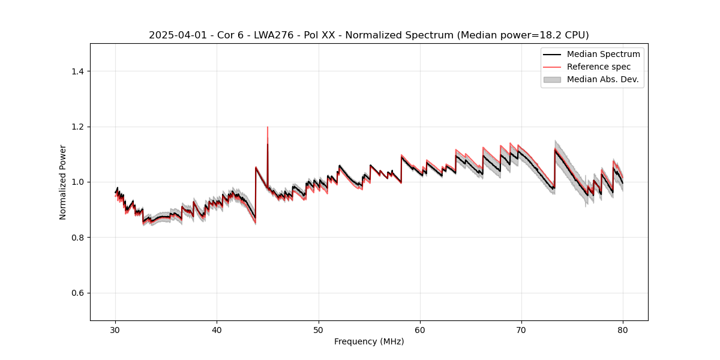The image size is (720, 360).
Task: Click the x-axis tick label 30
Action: pyautogui.click(x=116, y=330)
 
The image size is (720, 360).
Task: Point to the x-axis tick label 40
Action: pyautogui.click(x=217, y=330)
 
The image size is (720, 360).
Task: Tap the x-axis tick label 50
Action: pyautogui.click(x=319, y=330)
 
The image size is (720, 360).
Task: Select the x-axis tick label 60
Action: pyautogui.click(x=420, y=330)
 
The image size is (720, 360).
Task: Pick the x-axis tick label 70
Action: pyautogui.click(x=521, y=330)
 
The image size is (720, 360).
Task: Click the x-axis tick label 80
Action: pyautogui.click(x=623, y=330)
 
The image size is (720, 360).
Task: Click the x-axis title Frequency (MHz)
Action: pyautogui.click(x=369, y=341)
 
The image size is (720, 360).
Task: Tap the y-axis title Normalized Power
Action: pyautogui.click(x=63, y=182)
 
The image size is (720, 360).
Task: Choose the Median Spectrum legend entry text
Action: pyautogui.click(x=603, y=54)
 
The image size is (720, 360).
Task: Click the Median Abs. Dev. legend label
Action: pyautogui.click(x=602, y=79)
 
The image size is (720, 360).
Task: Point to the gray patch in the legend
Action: pyautogui.click(x=552, y=79)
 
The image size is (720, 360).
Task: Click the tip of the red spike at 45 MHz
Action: pyautogui.click(x=268, y=127)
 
